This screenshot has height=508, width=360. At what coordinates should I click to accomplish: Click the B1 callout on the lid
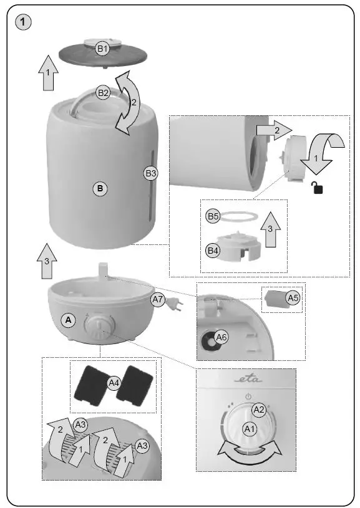click(102, 48)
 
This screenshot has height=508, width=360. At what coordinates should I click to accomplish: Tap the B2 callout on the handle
click(102, 93)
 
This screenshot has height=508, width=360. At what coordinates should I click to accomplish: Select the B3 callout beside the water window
click(150, 173)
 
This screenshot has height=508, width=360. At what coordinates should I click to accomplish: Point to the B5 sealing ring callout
click(213, 216)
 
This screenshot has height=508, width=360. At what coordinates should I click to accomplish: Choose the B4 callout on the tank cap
click(213, 251)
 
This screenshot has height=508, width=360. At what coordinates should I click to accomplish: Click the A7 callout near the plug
click(158, 300)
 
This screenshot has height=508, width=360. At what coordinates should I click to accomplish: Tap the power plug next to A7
click(177, 307)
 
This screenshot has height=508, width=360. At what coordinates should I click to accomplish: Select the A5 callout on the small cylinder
click(293, 298)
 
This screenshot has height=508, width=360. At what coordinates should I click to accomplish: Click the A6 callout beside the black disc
click(221, 338)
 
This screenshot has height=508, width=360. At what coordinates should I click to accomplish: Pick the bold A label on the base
click(69, 320)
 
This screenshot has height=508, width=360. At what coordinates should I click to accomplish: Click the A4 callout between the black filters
click(114, 383)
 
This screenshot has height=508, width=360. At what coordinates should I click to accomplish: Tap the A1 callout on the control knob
click(250, 429)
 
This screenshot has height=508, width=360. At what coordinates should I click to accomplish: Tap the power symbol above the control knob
click(248, 396)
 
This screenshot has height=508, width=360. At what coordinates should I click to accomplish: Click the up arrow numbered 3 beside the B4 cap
click(270, 229)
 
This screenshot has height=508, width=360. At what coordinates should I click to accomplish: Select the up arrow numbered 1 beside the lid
click(47, 74)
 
